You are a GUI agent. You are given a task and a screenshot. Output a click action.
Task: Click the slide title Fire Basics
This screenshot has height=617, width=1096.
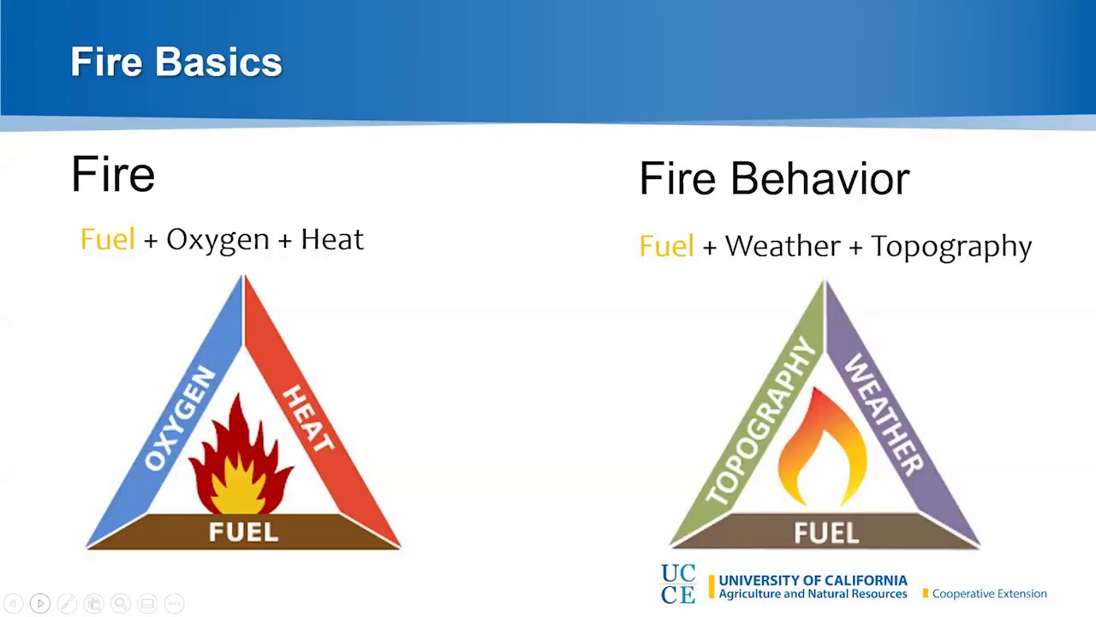coord(176,63)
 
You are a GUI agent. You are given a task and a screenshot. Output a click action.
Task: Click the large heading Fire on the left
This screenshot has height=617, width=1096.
coord(113,174)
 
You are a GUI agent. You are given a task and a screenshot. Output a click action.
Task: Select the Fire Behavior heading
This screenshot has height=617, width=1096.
coord(774,179)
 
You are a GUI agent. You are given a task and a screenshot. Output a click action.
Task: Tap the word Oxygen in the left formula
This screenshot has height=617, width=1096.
coord(217,240)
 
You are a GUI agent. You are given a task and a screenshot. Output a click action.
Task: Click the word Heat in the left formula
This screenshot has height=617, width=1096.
coord(332,240)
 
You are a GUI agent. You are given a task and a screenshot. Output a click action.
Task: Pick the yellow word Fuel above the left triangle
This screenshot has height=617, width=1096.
coord(108,240)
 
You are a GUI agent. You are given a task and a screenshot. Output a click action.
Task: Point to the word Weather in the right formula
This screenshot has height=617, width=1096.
coord(783,247)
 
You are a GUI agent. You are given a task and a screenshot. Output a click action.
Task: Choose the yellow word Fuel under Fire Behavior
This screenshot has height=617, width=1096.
coord(666,247)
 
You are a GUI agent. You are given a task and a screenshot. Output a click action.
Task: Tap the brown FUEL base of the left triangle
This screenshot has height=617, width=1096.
coord(244,532)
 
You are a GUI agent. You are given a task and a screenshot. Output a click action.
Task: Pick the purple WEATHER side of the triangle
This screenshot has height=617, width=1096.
coord(885,416)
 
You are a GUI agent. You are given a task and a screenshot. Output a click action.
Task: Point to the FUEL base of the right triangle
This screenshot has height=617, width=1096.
coord(826,532)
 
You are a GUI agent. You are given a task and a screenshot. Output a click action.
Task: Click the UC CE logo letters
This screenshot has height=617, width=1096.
coord(678,584)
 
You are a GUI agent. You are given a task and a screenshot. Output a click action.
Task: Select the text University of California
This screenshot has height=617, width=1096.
coord(813,580)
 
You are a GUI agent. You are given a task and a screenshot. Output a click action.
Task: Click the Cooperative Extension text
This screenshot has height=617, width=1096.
coord(989,594)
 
